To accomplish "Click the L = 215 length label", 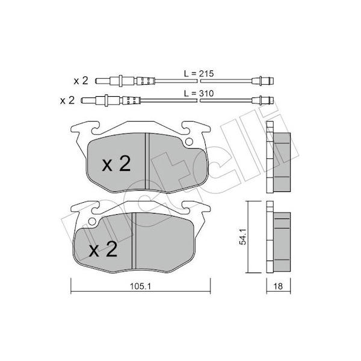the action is (x=199, y=73).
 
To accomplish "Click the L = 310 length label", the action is (x=199, y=93).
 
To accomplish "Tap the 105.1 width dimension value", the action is (x=140, y=286).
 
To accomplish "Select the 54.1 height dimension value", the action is (x=243, y=236).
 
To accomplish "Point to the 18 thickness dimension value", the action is (x=278, y=286).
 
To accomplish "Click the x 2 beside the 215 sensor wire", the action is (x=81, y=81).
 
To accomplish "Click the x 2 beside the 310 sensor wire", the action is (x=67, y=100).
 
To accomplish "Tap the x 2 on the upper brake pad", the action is (x=116, y=164).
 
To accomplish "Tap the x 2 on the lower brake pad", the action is (x=103, y=249).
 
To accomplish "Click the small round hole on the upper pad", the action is (x=189, y=142).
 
